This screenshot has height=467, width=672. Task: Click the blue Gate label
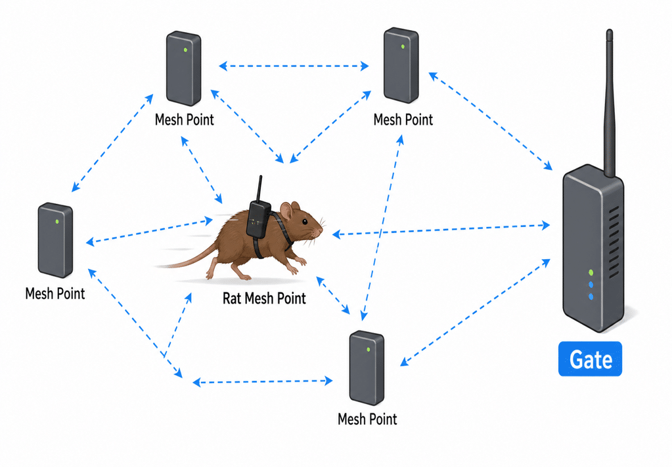[x=590, y=359]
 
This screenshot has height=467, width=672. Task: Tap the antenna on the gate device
[x=609, y=103]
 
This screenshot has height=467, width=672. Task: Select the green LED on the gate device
[x=591, y=273]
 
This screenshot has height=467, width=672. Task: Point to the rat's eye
[x=304, y=222]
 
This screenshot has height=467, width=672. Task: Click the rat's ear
[x=286, y=211]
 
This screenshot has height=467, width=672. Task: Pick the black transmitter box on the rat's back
[x=258, y=219]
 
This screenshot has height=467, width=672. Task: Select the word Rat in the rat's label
[x=232, y=298]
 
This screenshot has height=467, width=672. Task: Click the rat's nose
[x=320, y=230]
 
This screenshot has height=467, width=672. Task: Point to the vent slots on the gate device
[x=614, y=242]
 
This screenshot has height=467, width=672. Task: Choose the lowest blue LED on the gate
[x=591, y=296]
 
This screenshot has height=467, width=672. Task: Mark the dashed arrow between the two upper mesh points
[x=294, y=66]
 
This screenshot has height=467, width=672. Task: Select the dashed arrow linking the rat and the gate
[x=441, y=230]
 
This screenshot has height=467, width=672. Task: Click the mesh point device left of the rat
[x=55, y=240]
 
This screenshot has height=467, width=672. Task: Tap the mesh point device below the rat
[x=367, y=368]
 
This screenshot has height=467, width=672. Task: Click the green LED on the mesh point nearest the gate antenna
[x=403, y=47]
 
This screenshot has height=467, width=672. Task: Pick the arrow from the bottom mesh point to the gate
[x=476, y=312]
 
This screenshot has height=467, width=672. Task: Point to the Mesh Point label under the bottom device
[x=367, y=419]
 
